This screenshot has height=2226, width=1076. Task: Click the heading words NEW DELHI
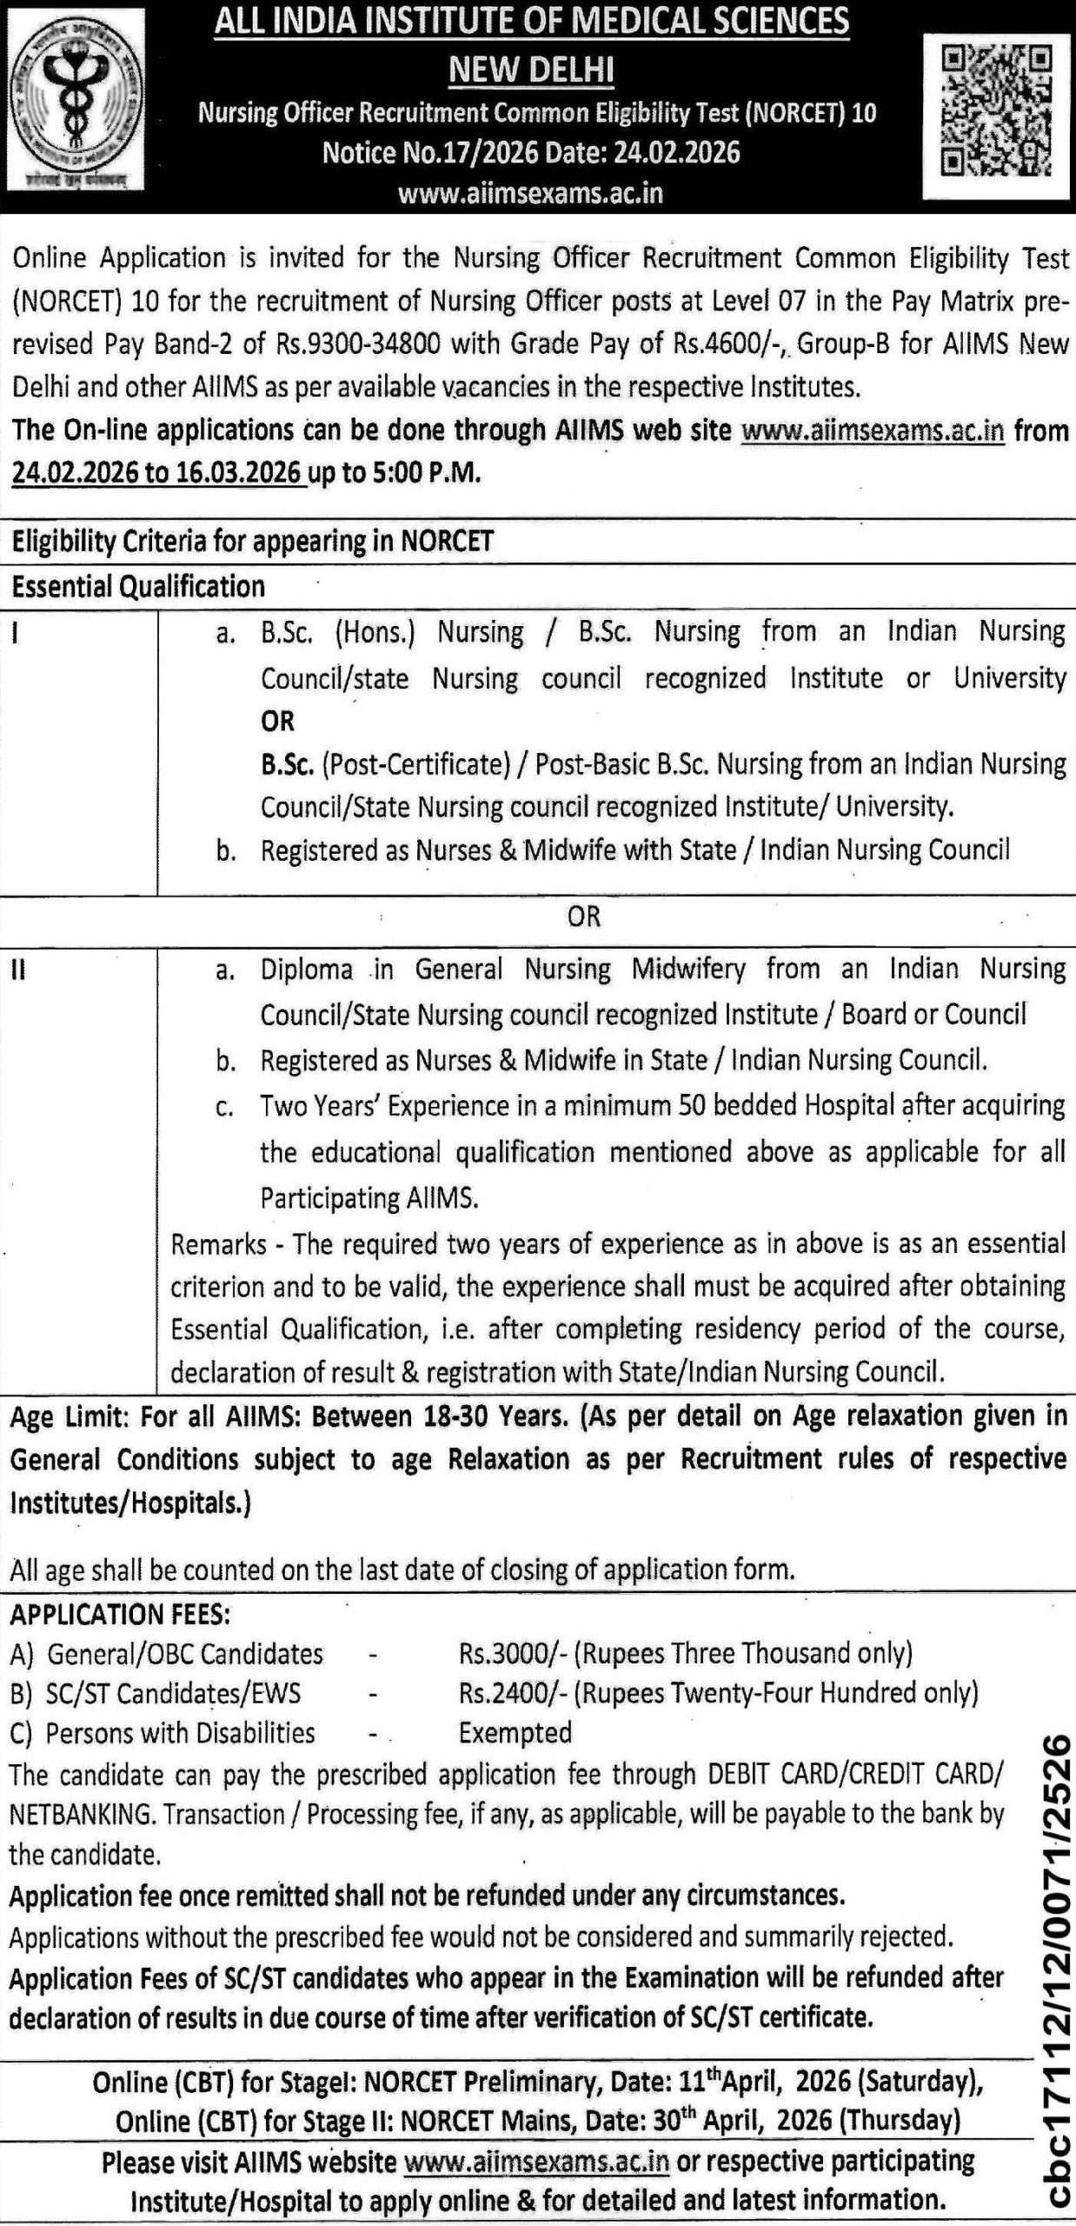pos(531,70)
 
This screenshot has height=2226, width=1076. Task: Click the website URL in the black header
pos(530,193)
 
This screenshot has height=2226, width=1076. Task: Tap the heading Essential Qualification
pos(138,587)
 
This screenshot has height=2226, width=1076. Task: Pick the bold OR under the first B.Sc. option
pos(278,721)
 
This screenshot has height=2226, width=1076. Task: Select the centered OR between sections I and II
pos(583,916)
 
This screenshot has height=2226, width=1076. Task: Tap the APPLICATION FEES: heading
pos(120,1614)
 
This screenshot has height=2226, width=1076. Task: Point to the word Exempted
pos(515,1732)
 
